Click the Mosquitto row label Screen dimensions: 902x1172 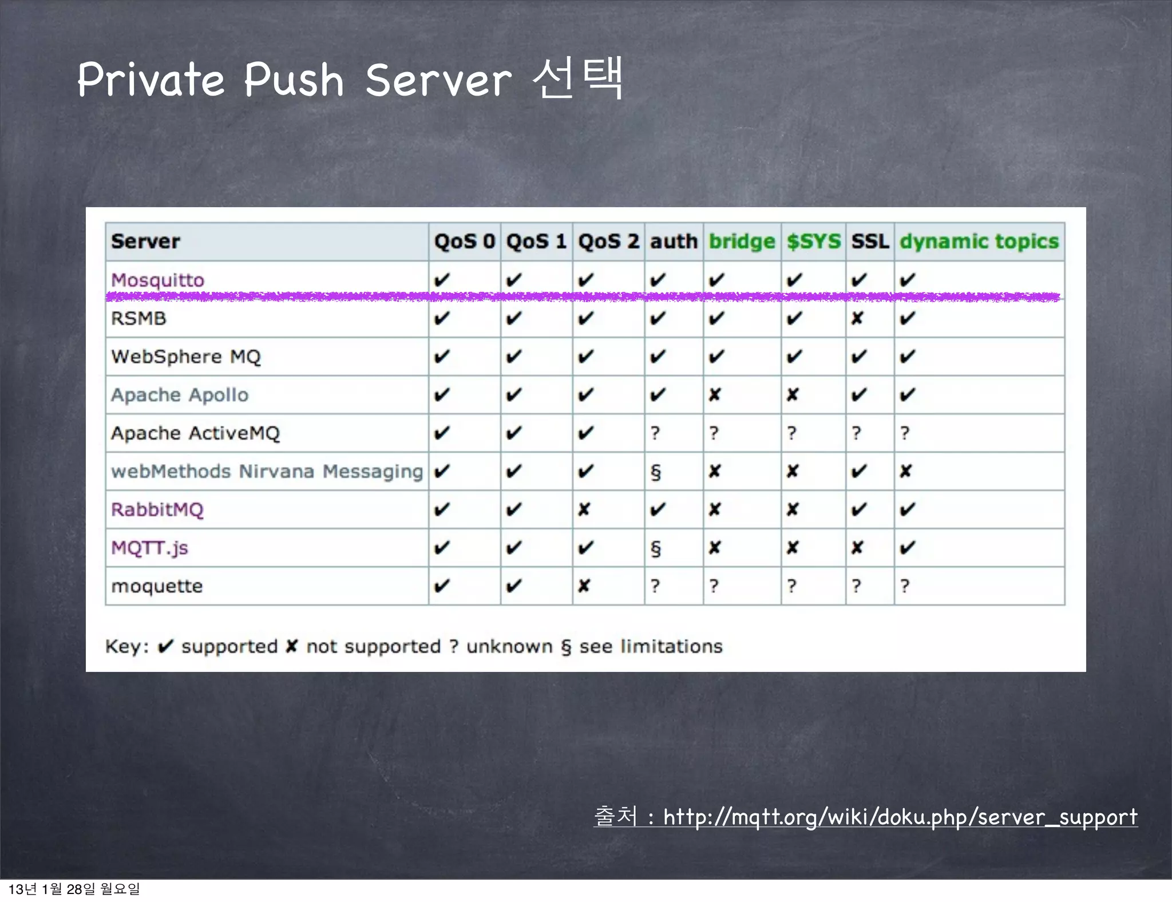point(157,280)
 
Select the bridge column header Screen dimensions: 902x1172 point(742,242)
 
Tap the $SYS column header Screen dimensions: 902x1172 point(813,242)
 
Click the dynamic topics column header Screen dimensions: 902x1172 point(979,242)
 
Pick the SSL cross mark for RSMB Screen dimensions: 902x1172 point(857,318)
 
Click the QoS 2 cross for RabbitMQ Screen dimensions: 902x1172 point(584,509)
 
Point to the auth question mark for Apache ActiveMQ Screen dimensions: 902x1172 point(655,433)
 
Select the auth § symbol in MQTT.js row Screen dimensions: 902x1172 point(656,548)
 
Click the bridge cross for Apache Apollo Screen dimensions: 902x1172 point(714,395)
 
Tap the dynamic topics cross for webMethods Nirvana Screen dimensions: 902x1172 point(905,471)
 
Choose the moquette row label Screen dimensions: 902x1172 point(157,586)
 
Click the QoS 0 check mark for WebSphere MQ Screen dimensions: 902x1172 point(441,357)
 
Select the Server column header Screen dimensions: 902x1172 point(145,242)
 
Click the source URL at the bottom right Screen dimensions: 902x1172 point(900,817)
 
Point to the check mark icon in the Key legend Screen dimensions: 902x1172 point(165,646)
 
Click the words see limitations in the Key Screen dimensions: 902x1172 point(651,646)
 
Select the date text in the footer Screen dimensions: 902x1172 point(74,889)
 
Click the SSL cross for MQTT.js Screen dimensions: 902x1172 point(857,548)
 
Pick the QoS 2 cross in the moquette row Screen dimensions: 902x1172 point(584,586)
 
